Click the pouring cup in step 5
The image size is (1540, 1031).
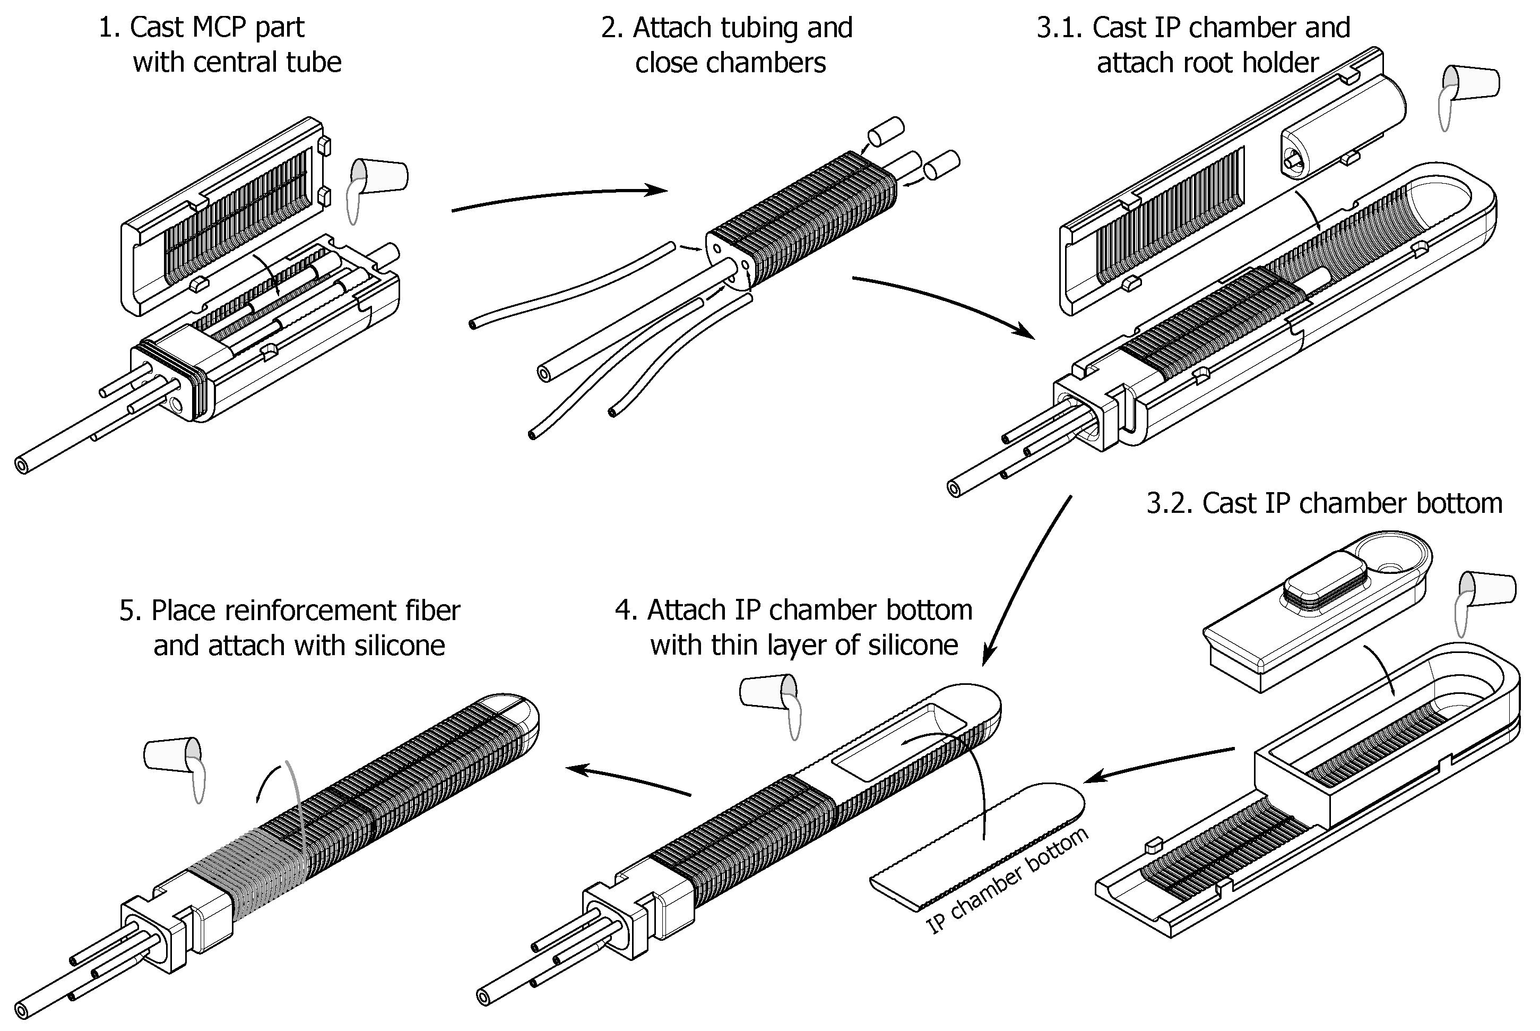[x=170, y=754]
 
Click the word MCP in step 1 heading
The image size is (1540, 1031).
[x=221, y=28]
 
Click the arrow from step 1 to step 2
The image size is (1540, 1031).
[x=559, y=195]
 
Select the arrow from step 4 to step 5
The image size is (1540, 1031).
[x=628, y=780]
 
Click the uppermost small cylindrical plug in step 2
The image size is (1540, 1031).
[x=886, y=130]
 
